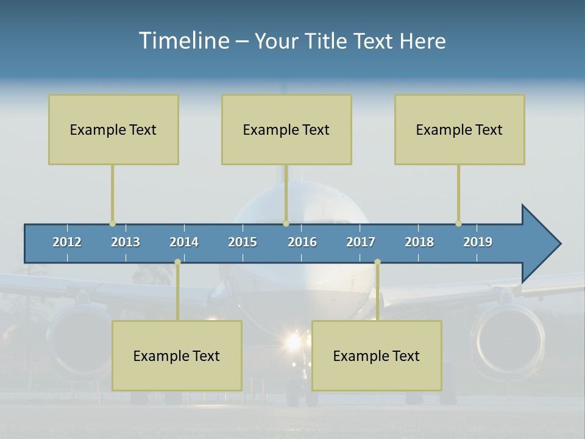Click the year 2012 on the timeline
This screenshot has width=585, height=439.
[67, 242]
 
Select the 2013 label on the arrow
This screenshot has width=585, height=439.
[126, 242]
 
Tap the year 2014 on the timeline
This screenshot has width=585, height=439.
[184, 242]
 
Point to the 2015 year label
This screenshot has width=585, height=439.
[243, 242]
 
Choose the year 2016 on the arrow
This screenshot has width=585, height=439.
[302, 242]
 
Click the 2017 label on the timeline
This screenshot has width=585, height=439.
[361, 242]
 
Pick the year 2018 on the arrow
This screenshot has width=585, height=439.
[419, 242]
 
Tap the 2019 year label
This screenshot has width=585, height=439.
[478, 242]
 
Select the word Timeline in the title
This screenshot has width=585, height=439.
[183, 40]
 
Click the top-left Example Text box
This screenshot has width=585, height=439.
[113, 129]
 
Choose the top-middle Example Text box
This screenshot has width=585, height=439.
[286, 129]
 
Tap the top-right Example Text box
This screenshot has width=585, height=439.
[459, 129]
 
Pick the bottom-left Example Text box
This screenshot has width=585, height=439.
[177, 355]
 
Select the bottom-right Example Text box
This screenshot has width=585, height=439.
[377, 355]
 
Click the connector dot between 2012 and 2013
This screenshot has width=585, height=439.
[112, 224]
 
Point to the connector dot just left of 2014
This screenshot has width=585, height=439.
[177, 262]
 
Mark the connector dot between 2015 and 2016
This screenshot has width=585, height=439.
[286, 224]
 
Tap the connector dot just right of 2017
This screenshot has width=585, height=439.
[377, 262]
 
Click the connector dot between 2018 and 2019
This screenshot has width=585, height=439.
[458, 224]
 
